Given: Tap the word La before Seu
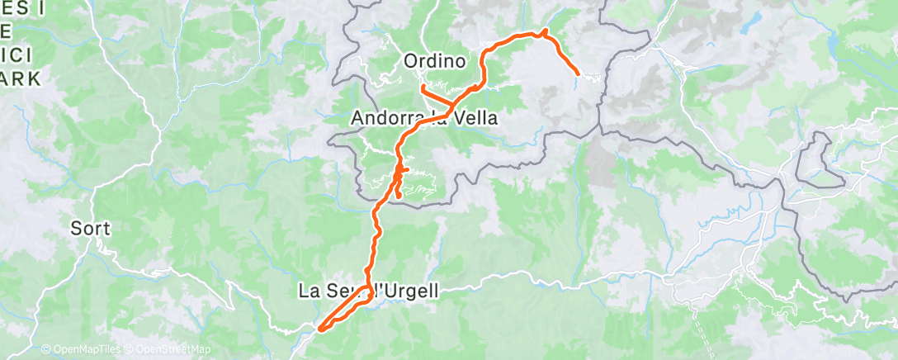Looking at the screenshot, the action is (308, 291).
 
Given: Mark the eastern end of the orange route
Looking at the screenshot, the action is (575, 74).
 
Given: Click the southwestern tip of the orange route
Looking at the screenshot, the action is (320, 329).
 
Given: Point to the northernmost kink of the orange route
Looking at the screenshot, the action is (544, 32).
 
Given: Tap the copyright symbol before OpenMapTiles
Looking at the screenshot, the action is (45, 350).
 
